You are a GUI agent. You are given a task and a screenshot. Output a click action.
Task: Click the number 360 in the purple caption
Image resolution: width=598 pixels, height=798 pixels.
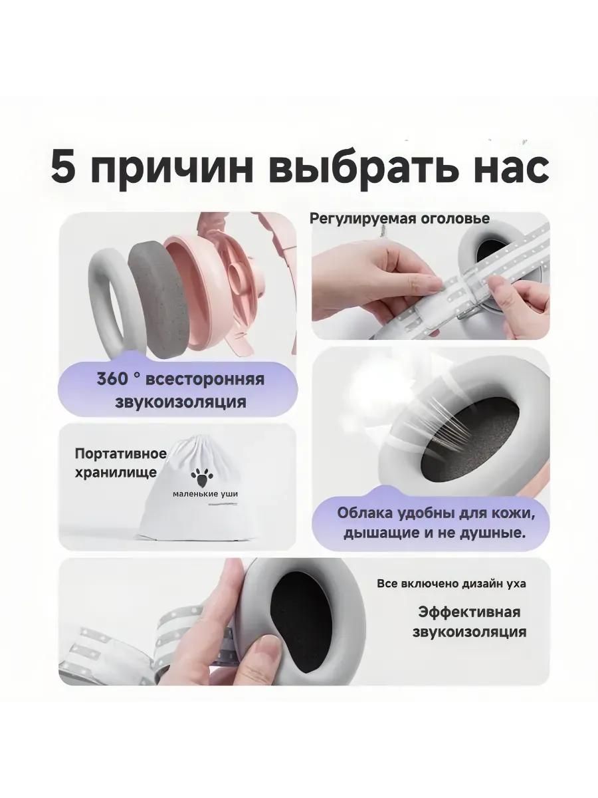(112, 379)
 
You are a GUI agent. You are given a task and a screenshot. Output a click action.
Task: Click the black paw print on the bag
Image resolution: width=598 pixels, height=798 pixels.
(203, 476)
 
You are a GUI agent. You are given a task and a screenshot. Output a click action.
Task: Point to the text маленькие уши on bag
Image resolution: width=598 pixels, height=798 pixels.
(205, 495)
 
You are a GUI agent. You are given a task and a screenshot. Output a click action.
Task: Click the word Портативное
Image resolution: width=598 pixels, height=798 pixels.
(120, 454)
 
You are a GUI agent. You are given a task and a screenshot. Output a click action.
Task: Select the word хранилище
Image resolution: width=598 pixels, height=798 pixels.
(116, 473)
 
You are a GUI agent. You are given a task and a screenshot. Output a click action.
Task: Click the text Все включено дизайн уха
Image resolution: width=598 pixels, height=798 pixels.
(451, 584)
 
